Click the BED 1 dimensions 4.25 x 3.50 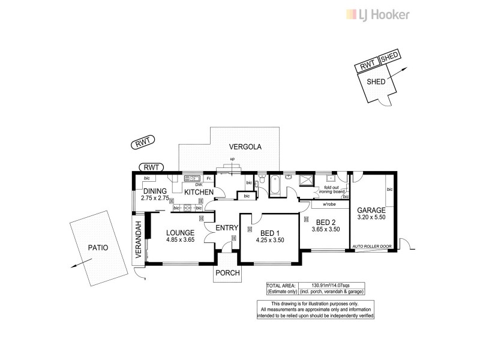coord(269,240)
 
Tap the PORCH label coord(228,273)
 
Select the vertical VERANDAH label coord(137,240)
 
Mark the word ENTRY coord(226,228)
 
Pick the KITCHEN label coord(198,191)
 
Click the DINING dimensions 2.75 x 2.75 coord(155,197)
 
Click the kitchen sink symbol coord(192,178)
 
